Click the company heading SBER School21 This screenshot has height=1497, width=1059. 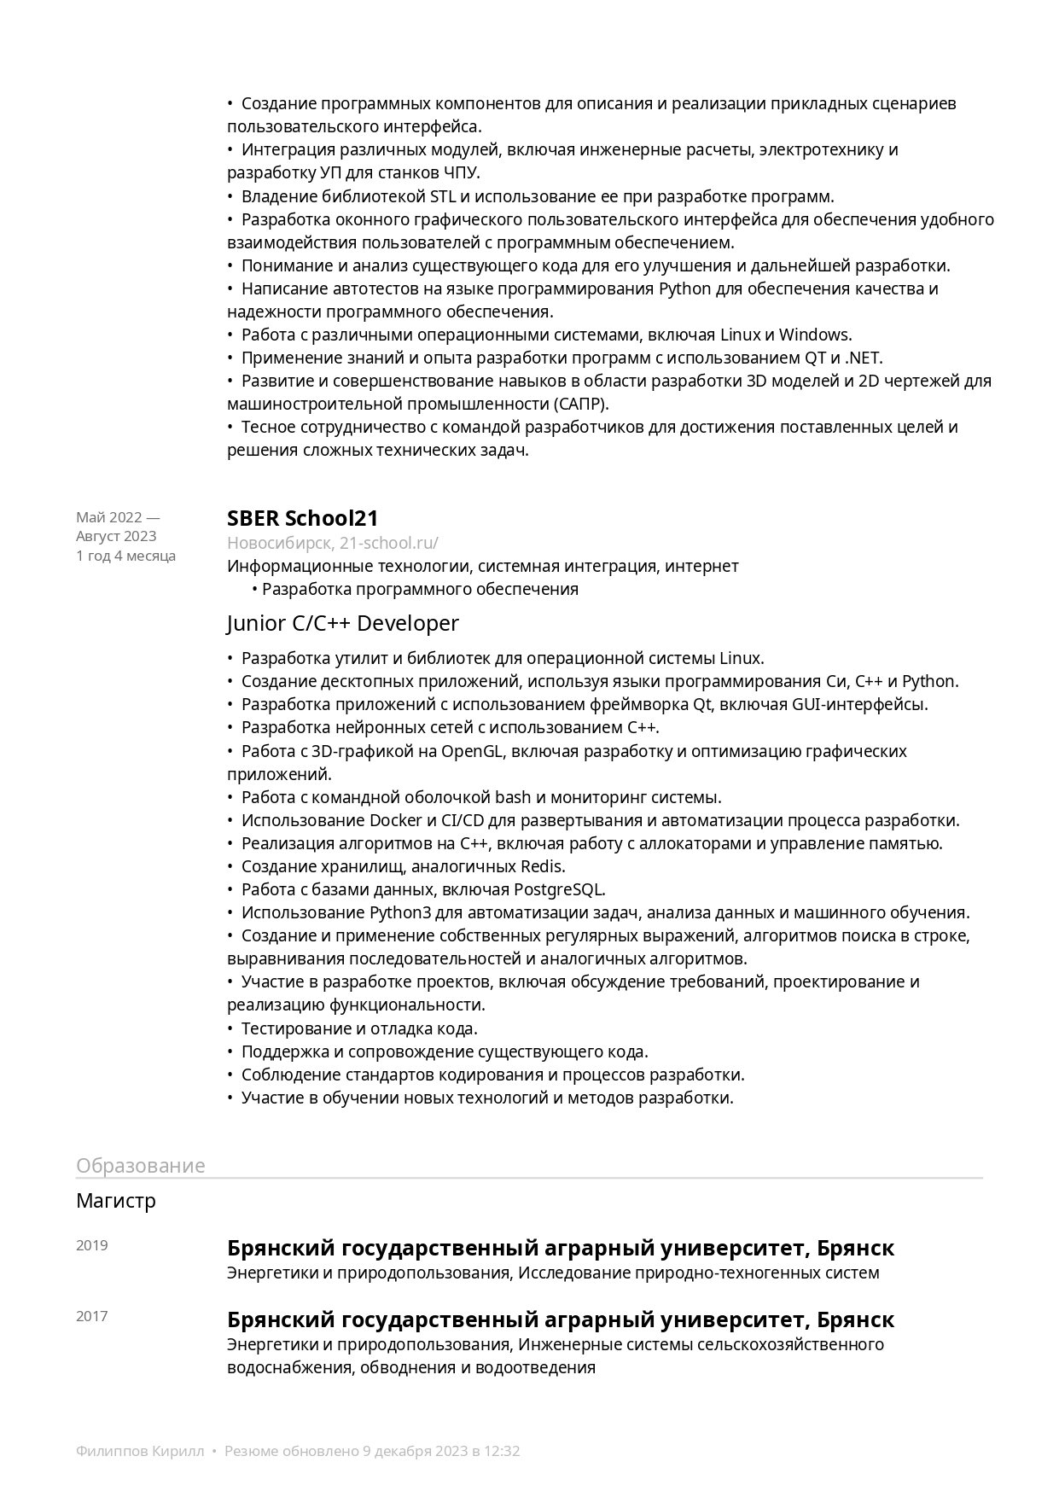click(x=302, y=518)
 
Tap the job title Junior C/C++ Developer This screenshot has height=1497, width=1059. click(x=342, y=624)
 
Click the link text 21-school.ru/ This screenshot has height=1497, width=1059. click(x=388, y=543)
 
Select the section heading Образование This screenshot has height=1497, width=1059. click(x=140, y=1166)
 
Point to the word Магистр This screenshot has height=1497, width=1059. click(x=116, y=1201)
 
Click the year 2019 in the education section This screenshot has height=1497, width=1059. click(x=92, y=1245)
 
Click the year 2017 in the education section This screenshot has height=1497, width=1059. click(x=92, y=1316)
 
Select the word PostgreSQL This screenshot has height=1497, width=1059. click(x=559, y=889)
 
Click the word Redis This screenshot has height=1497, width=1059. click(x=543, y=866)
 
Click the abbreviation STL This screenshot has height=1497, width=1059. click(x=443, y=196)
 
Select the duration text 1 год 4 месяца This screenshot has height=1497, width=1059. click(x=125, y=556)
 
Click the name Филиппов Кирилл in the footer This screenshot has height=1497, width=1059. click(x=140, y=1451)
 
